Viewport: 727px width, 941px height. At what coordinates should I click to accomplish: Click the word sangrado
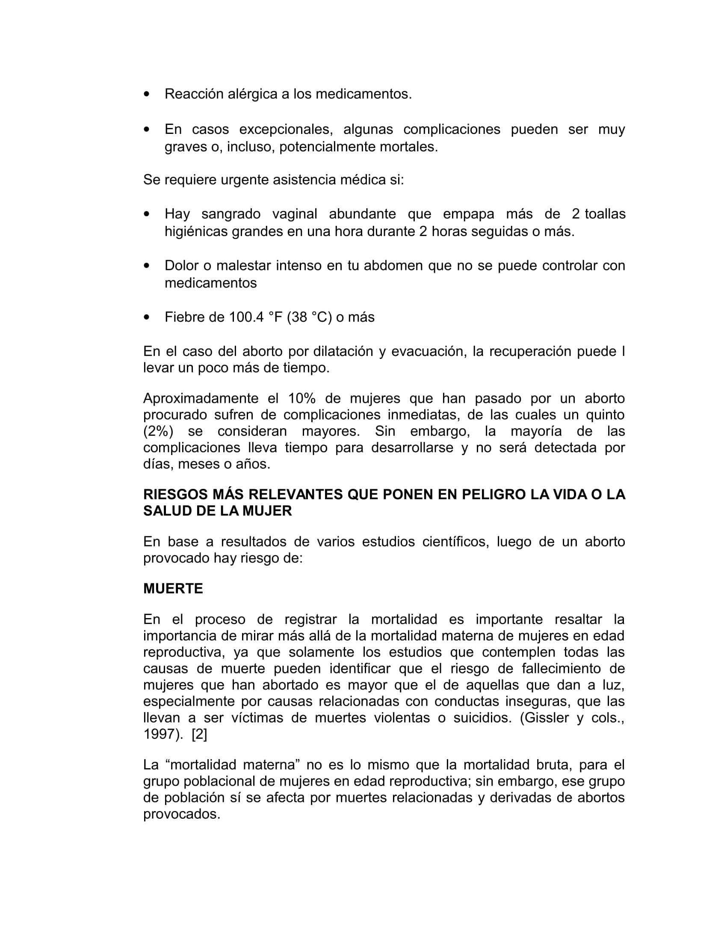coord(231,214)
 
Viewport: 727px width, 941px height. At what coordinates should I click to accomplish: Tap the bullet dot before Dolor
coord(147,266)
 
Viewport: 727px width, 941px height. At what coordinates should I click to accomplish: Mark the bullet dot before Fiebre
coord(147,317)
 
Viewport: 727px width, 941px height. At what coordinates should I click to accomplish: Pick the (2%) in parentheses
coord(158,431)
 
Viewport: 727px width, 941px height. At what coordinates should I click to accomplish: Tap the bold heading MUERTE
coord(173,589)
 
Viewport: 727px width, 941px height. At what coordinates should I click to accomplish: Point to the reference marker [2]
coord(199,734)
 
